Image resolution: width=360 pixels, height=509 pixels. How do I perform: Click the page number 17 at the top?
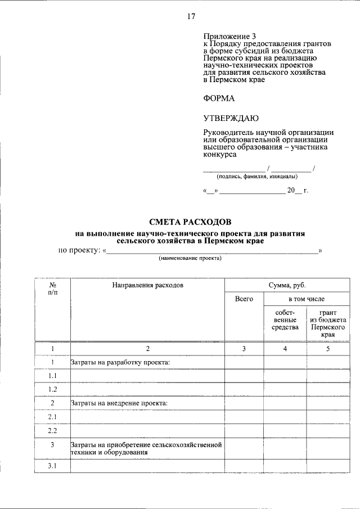click(x=191, y=16)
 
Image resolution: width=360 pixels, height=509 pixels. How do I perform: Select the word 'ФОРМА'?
click(x=219, y=98)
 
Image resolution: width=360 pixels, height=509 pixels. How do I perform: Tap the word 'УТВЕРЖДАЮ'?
click(x=231, y=118)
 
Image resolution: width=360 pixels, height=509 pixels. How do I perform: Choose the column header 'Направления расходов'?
click(x=147, y=285)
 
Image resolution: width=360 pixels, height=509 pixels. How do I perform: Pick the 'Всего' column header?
click(x=244, y=299)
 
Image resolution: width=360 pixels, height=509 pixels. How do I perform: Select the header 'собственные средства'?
click(x=285, y=319)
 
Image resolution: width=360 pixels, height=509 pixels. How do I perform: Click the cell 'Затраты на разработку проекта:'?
click(x=120, y=362)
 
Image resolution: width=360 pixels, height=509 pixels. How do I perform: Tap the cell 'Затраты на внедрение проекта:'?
click(x=119, y=403)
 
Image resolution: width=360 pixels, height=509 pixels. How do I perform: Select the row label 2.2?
click(x=52, y=431)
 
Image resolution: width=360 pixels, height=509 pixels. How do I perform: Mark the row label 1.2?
click(x=52, y=389)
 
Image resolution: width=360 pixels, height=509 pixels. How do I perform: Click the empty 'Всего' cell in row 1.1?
click(x=244, y=376)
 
